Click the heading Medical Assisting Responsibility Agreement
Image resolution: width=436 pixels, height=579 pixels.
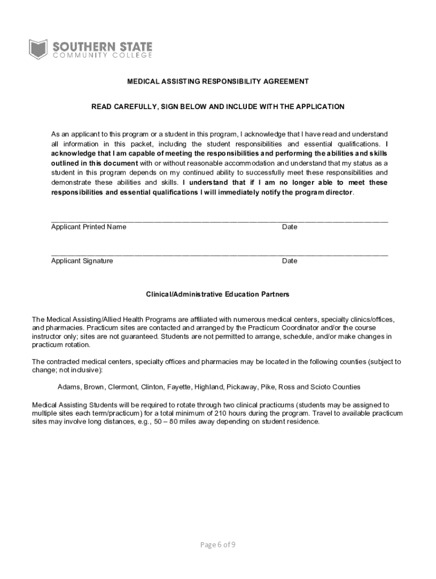point(218,81)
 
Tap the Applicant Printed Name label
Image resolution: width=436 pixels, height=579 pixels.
point(89,227)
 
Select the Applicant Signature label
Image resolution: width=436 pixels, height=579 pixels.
point(82,261)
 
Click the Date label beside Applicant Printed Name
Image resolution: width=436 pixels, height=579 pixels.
point(290,227)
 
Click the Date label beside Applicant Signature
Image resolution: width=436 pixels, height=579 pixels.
point(290,261)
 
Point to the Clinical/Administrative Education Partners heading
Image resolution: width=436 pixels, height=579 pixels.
point(218,295)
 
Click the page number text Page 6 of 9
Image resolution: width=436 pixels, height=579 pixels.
point(218,545)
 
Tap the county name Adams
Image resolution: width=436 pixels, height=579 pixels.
point(69,387)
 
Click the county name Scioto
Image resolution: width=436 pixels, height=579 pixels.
point(318,387)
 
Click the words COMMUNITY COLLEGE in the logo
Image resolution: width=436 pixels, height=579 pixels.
point(102,55)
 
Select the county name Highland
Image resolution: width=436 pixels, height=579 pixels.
point(210,387)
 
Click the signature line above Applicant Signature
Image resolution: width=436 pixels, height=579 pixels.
point(220,255)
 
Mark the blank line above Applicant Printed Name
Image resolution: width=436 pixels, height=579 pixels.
point(220,221)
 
